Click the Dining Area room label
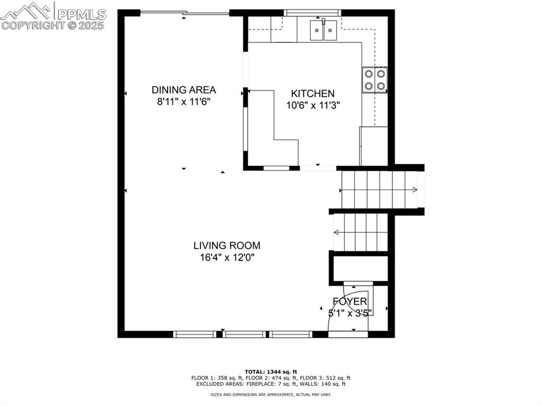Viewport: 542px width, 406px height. coord(184,90)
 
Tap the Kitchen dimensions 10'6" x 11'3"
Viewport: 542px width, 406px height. coord(313,105)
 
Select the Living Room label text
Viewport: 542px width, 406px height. coord(227,246)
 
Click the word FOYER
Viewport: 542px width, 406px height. coord(350,302)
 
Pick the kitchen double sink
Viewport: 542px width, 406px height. coord(323,29)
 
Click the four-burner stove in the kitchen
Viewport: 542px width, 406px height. coord(375,80)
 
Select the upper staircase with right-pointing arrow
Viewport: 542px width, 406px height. coord(378,190)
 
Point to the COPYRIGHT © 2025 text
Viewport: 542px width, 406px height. coord(53,25)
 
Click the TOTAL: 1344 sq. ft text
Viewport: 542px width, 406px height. coord(271,372)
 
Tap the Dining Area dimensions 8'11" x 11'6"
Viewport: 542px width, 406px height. coord(184,102)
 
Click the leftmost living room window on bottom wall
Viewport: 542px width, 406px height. coord(195,334)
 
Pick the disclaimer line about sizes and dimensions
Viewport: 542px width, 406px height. coord(271,394)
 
